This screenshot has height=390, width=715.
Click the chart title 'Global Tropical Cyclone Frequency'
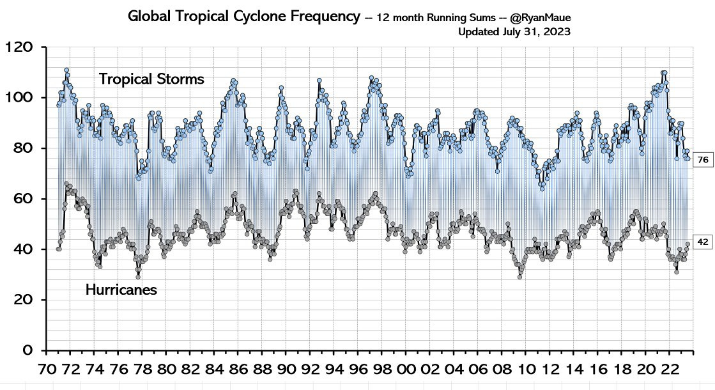click(244, 17)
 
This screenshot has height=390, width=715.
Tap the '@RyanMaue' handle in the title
click(541, 18)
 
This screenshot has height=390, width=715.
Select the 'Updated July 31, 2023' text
click(514, 31)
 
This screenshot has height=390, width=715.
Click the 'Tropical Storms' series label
click(151, 79)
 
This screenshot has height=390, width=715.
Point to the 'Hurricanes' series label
click(121, 290)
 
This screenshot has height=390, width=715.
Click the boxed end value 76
click(702, 160)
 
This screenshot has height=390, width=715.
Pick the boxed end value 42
click(702, 242)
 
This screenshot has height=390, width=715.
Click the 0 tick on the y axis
click(27, 350)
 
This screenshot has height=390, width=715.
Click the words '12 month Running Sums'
click(436, 18)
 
